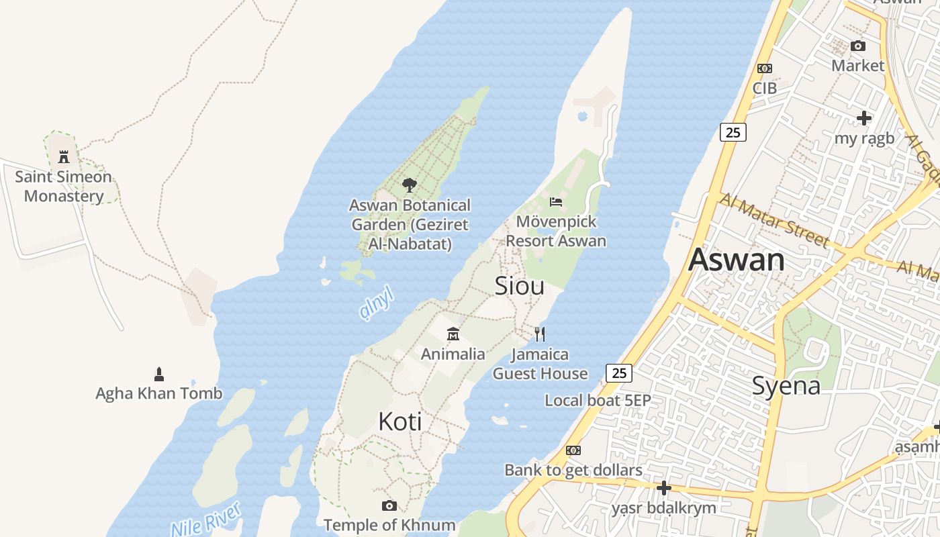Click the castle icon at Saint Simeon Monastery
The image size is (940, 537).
pos(64,157)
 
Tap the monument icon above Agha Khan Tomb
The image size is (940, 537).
pos(159,374)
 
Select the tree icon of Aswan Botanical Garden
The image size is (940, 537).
pos(409,185)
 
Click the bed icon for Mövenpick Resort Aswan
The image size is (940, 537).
pos(556,201)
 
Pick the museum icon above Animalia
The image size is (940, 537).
pos(453,334)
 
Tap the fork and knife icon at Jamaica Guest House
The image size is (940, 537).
pos(540,334)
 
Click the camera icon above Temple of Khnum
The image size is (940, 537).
pos(389,505)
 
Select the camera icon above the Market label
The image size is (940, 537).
pos(857,46)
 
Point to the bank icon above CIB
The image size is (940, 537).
pos(764,68)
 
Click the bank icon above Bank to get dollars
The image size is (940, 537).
pos(573,450)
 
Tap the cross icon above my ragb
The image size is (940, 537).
pos(864,119)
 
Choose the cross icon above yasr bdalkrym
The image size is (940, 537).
pos(663,488)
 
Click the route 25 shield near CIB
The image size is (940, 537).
pos(733,132)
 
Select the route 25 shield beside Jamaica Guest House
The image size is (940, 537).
pos(619,373)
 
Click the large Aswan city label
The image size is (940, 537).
pos(737,260)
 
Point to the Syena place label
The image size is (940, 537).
pos(786,386)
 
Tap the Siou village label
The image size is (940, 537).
pos(519,286)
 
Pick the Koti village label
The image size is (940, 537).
pos(400,422)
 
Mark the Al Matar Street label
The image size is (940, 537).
pos(774,219)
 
